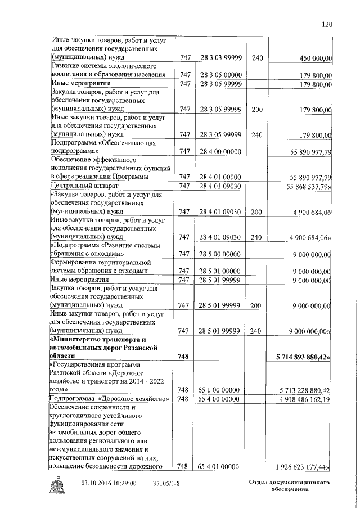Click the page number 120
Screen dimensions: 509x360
tap(328, 24)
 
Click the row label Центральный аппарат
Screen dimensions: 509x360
tap(83, 186)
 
